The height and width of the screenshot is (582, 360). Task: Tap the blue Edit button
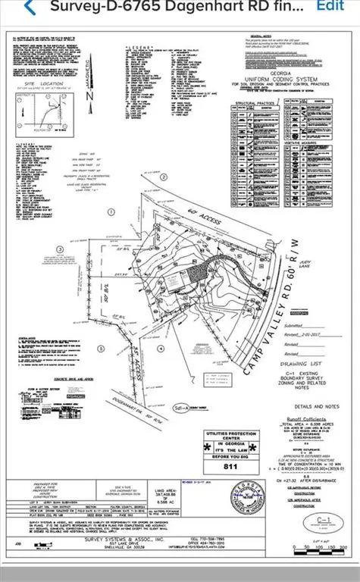pos(330,5)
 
